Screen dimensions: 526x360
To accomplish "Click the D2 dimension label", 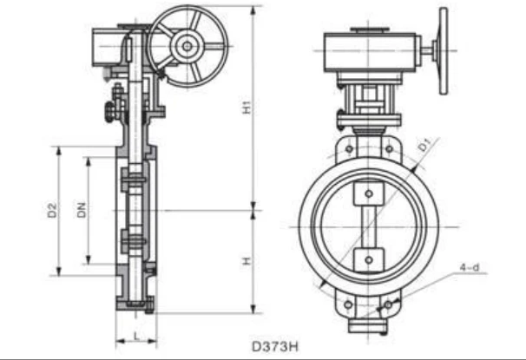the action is (x=52, y=210).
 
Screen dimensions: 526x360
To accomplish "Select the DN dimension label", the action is (x=82, y=210).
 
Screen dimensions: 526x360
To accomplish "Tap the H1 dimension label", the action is (x=247, y=108).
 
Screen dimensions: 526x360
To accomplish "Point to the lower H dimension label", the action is (x=247, y=261).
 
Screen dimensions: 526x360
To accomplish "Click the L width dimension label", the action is (x=136, y=336).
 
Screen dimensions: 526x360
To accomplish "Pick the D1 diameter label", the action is (x=424, y=145).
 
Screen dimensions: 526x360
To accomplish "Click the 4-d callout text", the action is (x=470, y=267).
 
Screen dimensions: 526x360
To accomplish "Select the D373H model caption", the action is (x=275, y=346).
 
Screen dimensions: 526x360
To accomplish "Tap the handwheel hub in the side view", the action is (x=187, y=46).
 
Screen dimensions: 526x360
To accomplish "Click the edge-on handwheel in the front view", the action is (x=444, y=51).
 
